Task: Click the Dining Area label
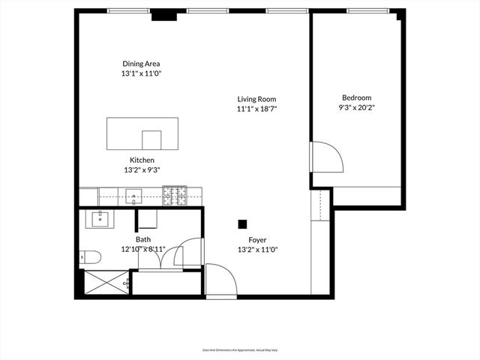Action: click(142, 64)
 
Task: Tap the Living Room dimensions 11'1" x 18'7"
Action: click(257, 109)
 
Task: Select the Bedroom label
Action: click(356, 97)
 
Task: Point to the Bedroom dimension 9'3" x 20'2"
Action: click(356, 108)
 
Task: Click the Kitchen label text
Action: click(142, 160)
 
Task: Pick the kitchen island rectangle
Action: click(142, 134)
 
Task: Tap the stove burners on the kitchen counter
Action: click(175, 196)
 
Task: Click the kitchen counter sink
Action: click(135, 197)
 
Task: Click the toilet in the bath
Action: click(90, 257)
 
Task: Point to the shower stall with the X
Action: click(103, 283)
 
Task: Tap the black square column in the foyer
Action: click(242, 223)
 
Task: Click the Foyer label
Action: click(257, 240)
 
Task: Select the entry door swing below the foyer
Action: click(221, 280)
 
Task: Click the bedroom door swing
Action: click(327, 157)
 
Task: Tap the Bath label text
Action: click(143, 239)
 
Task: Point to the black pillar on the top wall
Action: click(163, 16)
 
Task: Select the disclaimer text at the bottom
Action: click(240, 349)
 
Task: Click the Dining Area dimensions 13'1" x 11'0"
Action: click(142, 74)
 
